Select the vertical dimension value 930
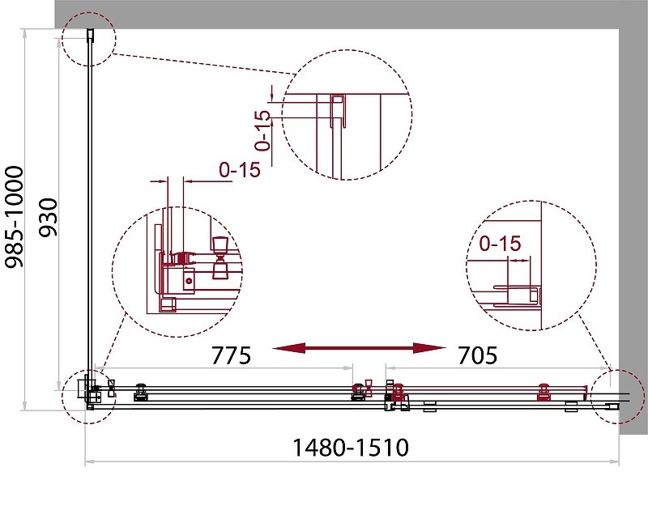(48, 218)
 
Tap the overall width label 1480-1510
(351, 448)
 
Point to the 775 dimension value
(231, 355)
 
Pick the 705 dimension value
(477, 355)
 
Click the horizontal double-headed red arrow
(359, 348)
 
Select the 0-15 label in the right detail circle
(500, 244)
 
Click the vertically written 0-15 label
(262, 130)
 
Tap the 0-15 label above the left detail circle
(240, 170)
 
